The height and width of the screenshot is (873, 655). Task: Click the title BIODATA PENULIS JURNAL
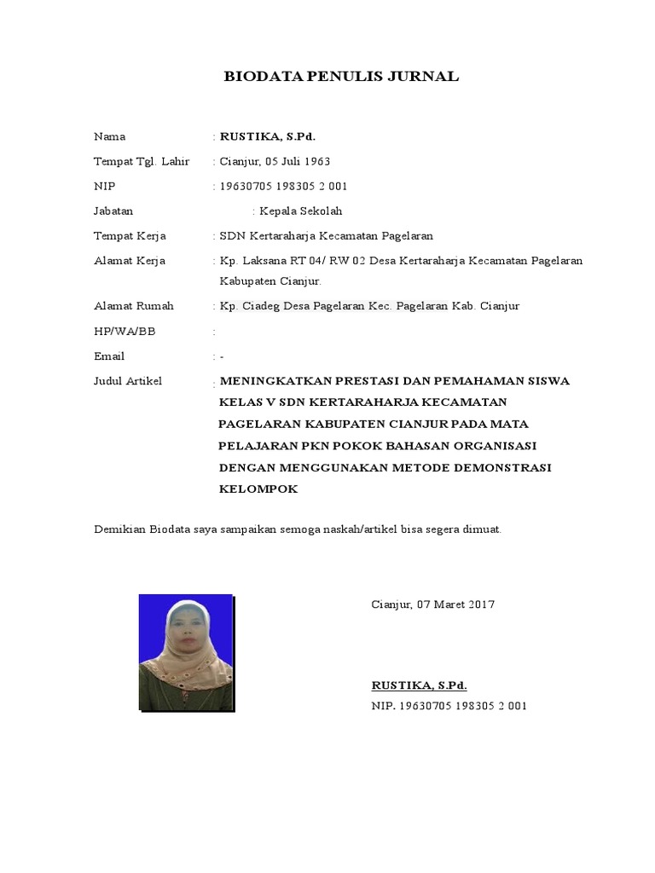(x=341, y=77)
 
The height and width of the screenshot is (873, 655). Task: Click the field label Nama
(x=109, y=136)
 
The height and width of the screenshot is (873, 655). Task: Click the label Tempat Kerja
(x=130, y=236)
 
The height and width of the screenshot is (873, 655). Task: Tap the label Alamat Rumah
(x=133, y=306)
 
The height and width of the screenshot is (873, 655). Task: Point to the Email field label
(x=109, y=356)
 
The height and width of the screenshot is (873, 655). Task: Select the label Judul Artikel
(x=128, y=381)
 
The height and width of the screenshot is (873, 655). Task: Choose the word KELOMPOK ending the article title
(x=258, y=489)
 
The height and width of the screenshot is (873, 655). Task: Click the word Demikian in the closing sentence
(x=119, y=529)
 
